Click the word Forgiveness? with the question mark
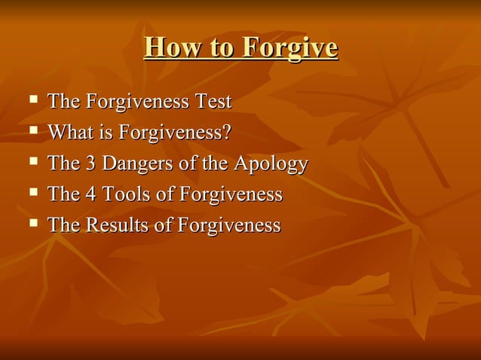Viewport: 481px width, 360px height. coord(176,133)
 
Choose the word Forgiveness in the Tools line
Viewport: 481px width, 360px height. coord(230,194)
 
